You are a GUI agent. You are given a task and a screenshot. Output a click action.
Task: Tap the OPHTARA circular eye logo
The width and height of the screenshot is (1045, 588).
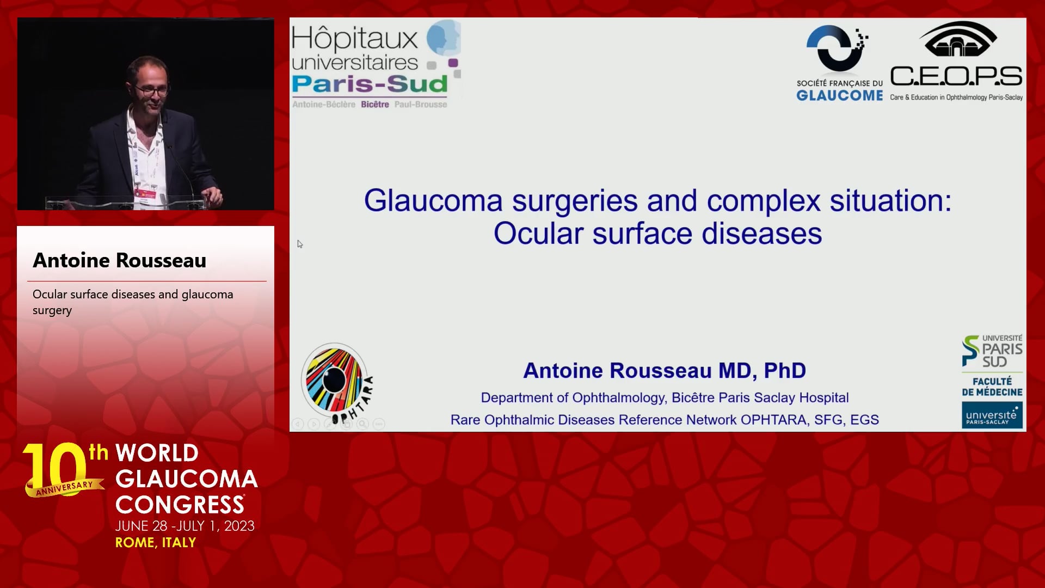coord(334,377)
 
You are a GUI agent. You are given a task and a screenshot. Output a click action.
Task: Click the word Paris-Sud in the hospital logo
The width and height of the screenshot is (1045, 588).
coord(370,84)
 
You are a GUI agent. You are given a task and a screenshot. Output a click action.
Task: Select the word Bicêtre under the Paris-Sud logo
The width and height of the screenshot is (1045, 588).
coord(375,105)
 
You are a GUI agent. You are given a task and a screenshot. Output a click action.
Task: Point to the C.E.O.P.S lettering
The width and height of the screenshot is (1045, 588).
coord(956,76)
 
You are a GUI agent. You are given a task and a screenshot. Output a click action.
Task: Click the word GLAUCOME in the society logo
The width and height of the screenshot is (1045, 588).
coord(840,96)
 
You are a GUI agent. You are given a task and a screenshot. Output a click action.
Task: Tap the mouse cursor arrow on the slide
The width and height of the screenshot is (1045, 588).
coord(300,244)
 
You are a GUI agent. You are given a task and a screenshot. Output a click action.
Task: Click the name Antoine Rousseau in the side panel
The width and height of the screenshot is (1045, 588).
coord(120,260)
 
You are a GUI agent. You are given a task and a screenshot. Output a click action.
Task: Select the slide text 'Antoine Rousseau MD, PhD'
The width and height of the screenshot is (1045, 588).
coord(665,371)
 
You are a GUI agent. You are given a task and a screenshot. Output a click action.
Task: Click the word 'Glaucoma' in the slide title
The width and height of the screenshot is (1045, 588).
coord(433,201)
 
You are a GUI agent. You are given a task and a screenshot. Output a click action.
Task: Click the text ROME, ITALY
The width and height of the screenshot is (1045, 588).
coord(156,543)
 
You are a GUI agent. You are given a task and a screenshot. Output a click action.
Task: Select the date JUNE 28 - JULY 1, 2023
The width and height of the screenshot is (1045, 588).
coord(185,526)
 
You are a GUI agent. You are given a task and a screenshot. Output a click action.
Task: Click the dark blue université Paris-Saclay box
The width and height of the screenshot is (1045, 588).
coord(992,415)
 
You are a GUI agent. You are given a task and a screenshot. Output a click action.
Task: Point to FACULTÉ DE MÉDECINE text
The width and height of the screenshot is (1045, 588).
coord(992,387)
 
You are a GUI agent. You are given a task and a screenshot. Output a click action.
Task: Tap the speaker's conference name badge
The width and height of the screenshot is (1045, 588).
coord(145,193)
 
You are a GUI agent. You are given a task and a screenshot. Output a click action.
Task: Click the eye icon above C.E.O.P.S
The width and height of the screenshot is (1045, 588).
coord(958,39)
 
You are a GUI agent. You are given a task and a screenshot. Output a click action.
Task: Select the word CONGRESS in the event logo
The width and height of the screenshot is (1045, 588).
coord(180,505)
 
